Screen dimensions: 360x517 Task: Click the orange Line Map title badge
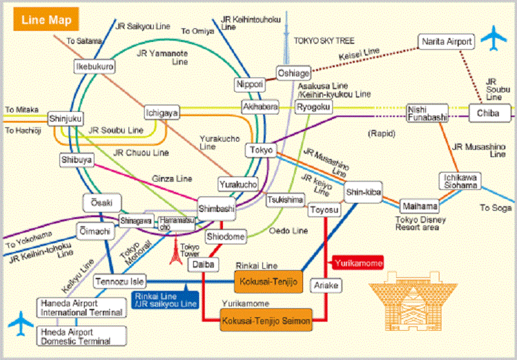coord(45,20)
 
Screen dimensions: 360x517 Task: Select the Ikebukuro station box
coord(95,66)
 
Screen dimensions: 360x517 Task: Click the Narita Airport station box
coord(447,42)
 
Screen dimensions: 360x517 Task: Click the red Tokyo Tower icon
coord(174,251)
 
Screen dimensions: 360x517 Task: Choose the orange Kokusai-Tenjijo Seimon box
coord(266,320)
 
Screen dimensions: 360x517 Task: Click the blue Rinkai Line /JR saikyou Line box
coord(165,300)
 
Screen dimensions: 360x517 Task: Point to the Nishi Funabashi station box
coord(427,112)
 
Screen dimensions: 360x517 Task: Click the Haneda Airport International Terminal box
coord(81,308)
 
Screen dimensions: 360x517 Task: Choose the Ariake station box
coord(326,284)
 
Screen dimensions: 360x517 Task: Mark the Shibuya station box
coord(77,159)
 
